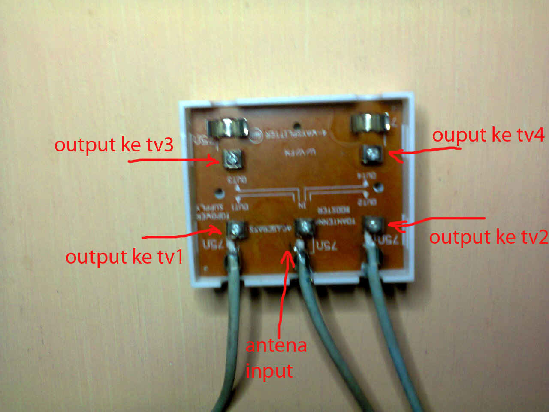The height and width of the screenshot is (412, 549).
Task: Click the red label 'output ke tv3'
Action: pyautogui.click(x=114, y=145)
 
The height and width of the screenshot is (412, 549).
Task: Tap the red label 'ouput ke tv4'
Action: pyautogui.click(x=488, y=135)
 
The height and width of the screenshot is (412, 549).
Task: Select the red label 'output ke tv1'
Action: pyautogui.click(x=124, y=257)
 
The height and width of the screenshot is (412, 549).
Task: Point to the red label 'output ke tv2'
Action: pyautogui.click(x=489, y=237)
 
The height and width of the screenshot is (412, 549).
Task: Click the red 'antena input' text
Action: pyautogui.click(x=275, y=358)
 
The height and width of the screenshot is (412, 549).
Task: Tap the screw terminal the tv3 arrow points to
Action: pyautogui.click(x=232, y=160)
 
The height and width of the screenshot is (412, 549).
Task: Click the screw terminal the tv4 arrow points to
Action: pyautogui.click(x=372, y=153)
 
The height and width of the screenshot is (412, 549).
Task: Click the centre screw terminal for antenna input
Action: pyautogui.click(x=304, y=227)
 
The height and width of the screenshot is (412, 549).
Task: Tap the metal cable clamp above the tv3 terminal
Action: pyautogui.click(x=228, y=127)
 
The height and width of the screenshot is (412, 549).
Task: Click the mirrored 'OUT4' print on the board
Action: pyautogui.click(x=368, y=176)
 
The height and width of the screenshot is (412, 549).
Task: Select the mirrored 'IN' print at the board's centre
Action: pyautogui.click(x=302, y=206)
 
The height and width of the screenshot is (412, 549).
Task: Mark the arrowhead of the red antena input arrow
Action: pyautogui.click(x=288, y=255)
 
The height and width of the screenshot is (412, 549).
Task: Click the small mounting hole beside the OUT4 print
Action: pyautogui.click(x=378, y=187)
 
